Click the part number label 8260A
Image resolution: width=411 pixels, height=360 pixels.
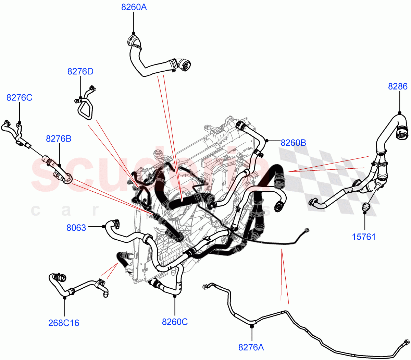click(134, 7)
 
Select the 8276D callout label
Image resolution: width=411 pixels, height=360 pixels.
click(80, 71)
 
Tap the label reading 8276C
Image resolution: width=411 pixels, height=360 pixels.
click(19, 98)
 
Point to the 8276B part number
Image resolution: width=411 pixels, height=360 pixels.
click(59, 139)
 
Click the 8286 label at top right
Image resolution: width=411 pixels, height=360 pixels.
click(398, 86)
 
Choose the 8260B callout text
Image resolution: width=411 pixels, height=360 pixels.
click(293, 143)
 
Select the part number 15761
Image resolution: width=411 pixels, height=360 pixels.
click(364, 237)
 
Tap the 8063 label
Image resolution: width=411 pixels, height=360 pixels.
click(76, 228)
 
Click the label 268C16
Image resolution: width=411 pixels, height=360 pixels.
click(64, 323)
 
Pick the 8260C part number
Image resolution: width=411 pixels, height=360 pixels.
click(175, 322)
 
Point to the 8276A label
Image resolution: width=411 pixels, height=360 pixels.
click(251, 347)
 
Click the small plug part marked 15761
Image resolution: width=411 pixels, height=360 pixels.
click(365, 207)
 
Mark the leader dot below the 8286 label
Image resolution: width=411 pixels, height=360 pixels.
click(399, 112)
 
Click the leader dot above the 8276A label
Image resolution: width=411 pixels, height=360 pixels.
click(252, 327)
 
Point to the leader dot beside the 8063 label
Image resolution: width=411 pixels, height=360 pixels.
click(103, 226)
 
